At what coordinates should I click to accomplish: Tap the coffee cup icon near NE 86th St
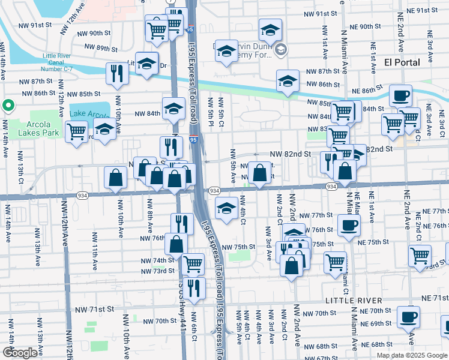[400, 95]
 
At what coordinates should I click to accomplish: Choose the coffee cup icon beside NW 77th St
[349, 226]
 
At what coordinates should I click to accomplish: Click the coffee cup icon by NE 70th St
[408, 316]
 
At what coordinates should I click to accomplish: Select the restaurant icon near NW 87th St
[117, 73]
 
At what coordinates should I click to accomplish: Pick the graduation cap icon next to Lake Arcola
[104, 130]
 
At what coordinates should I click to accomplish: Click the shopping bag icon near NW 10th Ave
[115, 178]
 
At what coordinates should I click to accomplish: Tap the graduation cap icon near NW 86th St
[288, 81]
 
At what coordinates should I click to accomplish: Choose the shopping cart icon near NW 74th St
[193, 263]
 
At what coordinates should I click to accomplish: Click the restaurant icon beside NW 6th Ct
[193, 287]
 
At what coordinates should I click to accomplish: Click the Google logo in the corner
[20, 353]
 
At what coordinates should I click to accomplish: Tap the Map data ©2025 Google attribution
[411, 355]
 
